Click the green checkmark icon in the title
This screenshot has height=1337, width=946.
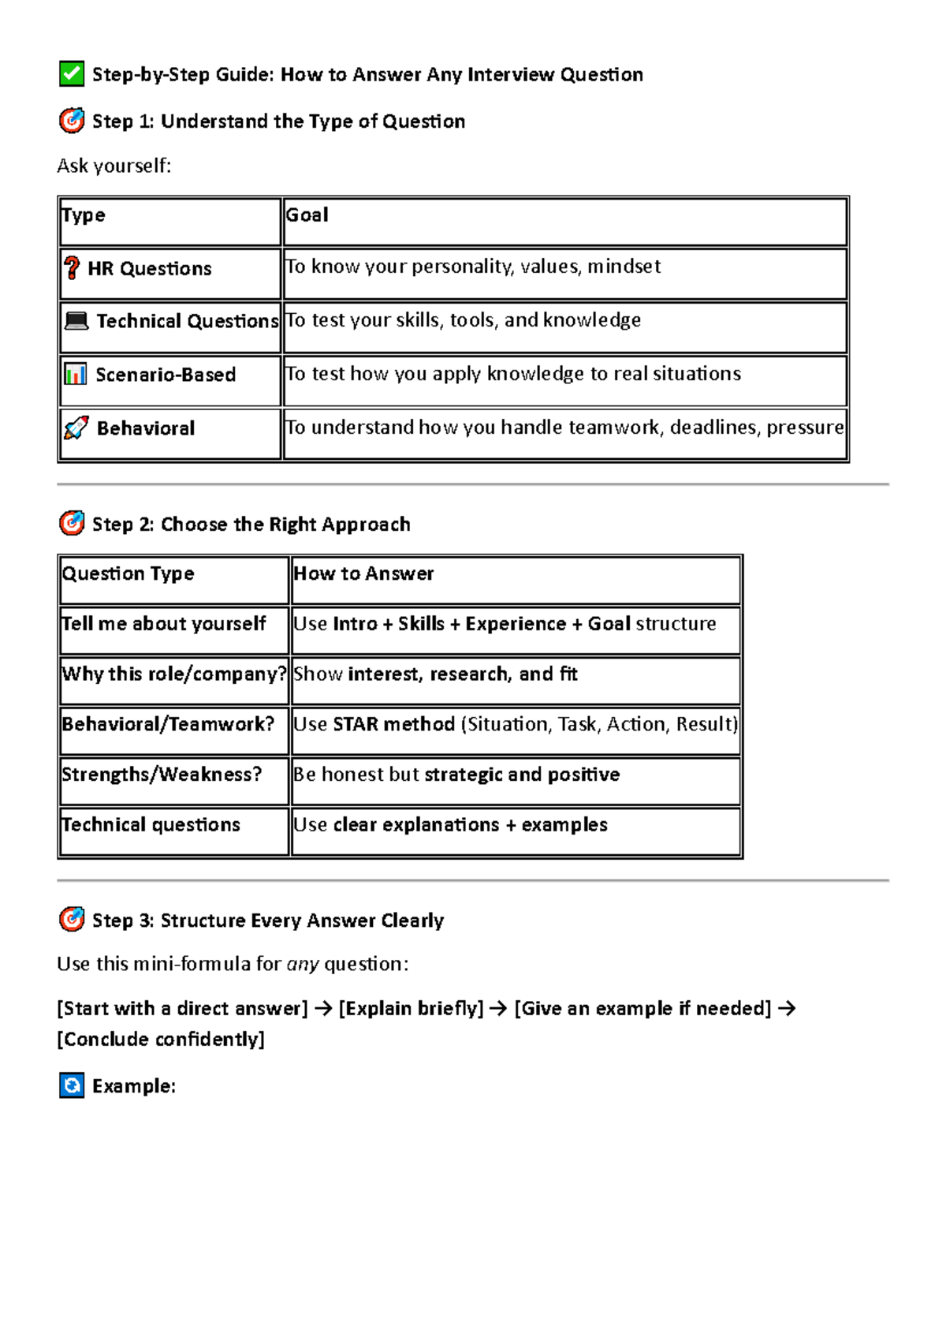(x=72, y=73)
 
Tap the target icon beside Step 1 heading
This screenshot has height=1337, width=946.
(x=72, y=121)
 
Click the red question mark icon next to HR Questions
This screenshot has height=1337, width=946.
(x=72, y=268)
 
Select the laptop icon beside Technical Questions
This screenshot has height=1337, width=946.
(x=76, y=321)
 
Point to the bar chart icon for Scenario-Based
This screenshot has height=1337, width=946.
(x=75, y=374)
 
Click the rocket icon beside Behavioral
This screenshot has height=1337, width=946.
(x=76, y=428)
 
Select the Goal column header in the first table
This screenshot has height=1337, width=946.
(x=307, y=215)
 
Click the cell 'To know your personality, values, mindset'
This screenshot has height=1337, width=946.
(x=473, y=267)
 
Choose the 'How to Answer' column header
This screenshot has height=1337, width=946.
(x=363, y=573)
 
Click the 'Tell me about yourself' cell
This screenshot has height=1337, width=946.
(x=164, y=624)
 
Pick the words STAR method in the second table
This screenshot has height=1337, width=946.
(x=393, y=724)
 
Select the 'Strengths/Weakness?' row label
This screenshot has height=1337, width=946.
(x=162, y=775)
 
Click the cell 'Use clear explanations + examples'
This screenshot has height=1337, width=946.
(x=450, y=825)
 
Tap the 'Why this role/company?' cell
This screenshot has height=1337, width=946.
(x=173, y=674)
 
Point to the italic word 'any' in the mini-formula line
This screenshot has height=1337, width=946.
(x=303, y=964)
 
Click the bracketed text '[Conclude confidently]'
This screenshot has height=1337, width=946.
(x=161, y=1040)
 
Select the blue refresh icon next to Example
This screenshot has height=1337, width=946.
(x=72, y=1086)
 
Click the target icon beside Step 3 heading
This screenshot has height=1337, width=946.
(x=72, y=920)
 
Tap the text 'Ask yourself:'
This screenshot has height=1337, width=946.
(x=114, y=166)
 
